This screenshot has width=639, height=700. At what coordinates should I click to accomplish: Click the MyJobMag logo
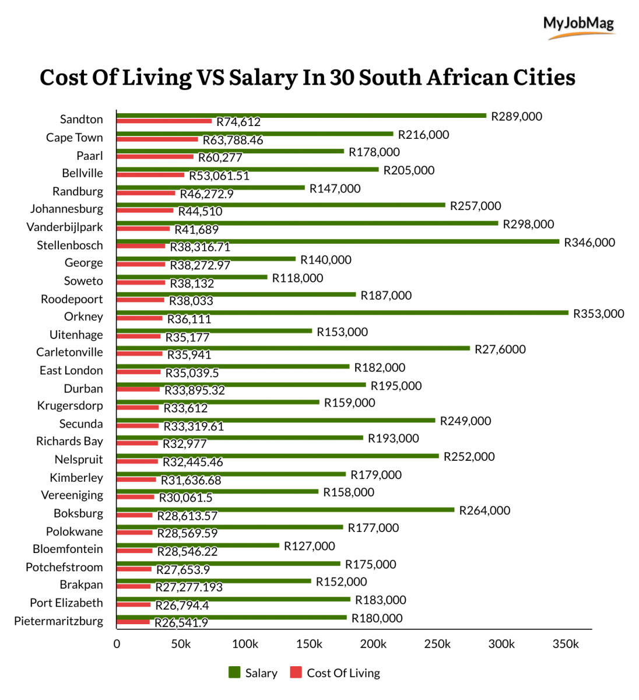coord(578,26)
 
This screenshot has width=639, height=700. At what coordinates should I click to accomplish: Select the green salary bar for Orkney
coord(342,313)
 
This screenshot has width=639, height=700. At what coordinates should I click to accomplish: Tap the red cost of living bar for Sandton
coord(164,121)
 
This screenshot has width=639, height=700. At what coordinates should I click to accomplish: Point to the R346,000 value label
coord(589,243)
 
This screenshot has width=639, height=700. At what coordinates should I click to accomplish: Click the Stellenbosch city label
coord(69,245)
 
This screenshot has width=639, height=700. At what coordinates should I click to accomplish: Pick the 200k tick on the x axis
coord(373,644)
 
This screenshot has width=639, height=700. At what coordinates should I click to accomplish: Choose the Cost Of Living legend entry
coord(335,673)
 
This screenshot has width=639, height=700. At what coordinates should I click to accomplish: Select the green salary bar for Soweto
coord(192,277)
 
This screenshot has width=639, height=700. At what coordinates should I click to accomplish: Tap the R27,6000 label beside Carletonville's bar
coord(500,349)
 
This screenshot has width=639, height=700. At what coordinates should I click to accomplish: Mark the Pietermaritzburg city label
coord(58,621)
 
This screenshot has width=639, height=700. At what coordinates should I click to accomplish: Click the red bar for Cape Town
coord(157,139)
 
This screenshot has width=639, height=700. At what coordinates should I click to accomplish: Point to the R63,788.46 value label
coord(233,141)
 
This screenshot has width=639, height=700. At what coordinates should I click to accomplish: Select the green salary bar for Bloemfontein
coord(198,545)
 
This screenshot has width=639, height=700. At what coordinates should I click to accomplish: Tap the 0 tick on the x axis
coord(117,644)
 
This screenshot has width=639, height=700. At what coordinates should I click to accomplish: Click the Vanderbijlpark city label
coord(64,227)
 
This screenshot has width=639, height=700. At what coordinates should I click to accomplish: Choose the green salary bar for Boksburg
coord(285,510)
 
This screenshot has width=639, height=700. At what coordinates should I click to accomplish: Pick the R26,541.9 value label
coord(181,623)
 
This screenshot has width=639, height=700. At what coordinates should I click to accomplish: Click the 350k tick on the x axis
coord(566,644)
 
